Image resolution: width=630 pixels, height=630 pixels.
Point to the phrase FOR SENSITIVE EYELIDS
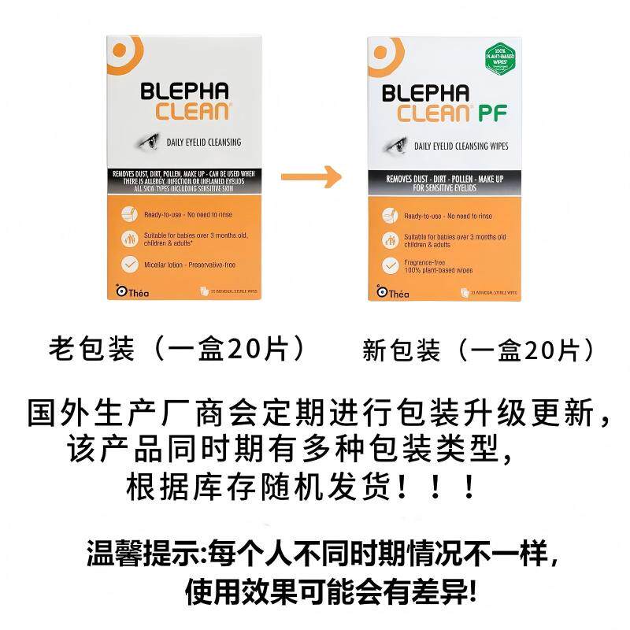pyautogui.click(x=446, y=189)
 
